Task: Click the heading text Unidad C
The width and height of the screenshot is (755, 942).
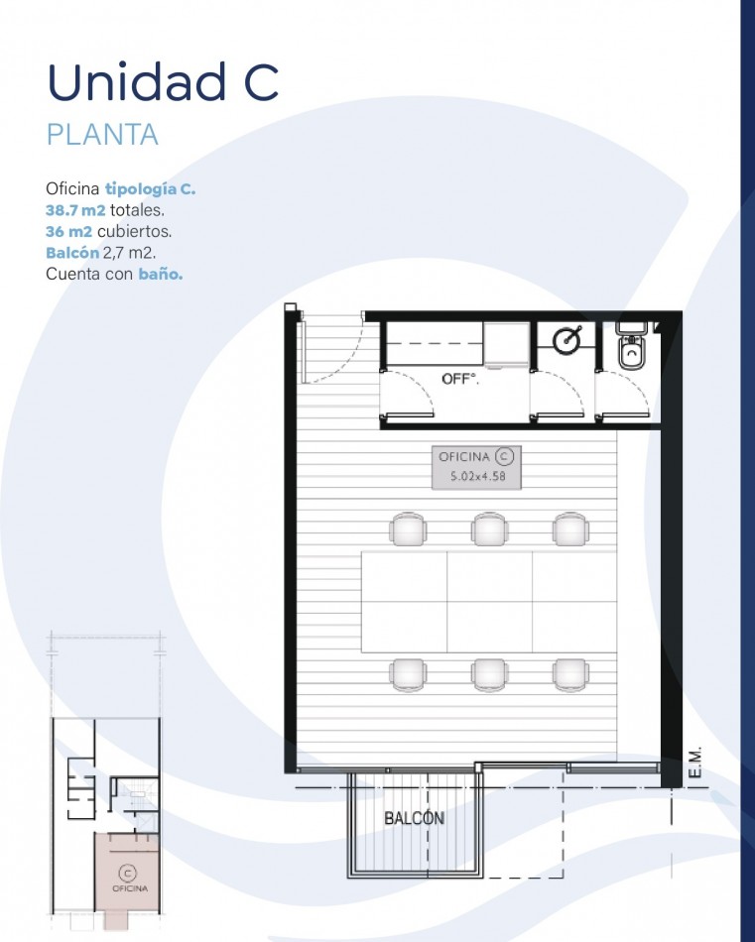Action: click(x=163, y=81)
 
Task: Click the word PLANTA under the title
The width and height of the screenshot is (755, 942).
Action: click(x=102, y=135)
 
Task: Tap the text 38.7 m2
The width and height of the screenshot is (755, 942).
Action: click(x=75, y=210)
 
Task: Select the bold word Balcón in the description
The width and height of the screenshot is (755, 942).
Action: click(x=72, y=252)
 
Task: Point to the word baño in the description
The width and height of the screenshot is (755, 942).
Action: click(x=161, y=274)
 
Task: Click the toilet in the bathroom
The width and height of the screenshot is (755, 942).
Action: click(x=631, y=345)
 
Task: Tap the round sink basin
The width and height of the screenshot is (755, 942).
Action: click(x=566, y=341)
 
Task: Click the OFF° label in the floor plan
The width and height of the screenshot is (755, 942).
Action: click(x=460, y=379)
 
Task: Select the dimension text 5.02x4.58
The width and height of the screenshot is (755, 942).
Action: click(x=478, y=477)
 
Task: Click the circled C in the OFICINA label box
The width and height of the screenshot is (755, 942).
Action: click(x=504, y=457)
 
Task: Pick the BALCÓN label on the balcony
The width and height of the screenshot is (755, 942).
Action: click(x=414, y=818)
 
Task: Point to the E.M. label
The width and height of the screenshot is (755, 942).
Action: click(x=694, y=763)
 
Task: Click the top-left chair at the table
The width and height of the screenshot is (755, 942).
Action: click(x=408, y=530)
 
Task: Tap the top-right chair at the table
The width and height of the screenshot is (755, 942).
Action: click(x=570, y=530)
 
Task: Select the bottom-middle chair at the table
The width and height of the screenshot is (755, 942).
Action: click(x=490, y=674)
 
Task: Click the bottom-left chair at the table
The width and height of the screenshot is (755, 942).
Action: click(x=408, y=674)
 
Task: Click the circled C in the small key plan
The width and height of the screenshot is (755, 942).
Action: click(x=127, y=873)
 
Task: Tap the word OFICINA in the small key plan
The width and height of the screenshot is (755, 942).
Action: click(x=130, y=888)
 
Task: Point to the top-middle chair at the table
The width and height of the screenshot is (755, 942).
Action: click(x=490, y=530)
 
